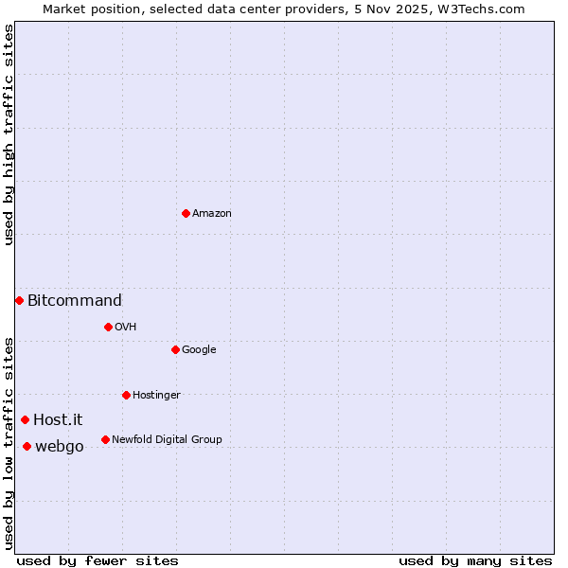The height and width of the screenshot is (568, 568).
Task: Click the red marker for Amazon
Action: pos(186,213)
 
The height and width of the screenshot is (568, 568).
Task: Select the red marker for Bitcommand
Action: pos(19,300)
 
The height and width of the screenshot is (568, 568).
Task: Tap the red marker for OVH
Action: pos(108,327)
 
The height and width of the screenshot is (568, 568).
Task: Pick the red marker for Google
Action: pos(175,349)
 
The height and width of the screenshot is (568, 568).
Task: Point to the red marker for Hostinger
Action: pos(126,395)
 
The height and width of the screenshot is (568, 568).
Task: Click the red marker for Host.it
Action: pos(25,419)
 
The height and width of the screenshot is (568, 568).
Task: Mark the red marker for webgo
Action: pos(27,446)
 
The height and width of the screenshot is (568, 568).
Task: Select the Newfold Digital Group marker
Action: pos(105,439)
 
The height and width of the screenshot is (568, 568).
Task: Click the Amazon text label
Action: pos(212,214)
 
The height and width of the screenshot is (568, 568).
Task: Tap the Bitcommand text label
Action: pos(75,301)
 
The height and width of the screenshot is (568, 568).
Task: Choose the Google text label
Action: pos(199,350)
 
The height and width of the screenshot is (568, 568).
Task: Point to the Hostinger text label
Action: pos(156,396)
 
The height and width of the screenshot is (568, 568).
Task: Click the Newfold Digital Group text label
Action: pos(167,440)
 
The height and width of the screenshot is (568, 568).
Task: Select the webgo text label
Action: pos(60,447)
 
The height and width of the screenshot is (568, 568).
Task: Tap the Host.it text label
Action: pos(58,420)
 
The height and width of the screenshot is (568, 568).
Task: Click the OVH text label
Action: pos(126,328)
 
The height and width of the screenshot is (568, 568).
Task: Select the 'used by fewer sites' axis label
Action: pos(98,560)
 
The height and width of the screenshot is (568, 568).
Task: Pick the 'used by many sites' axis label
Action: pos(475,560)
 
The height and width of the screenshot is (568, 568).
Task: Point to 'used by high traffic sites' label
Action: pos(9,134)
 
